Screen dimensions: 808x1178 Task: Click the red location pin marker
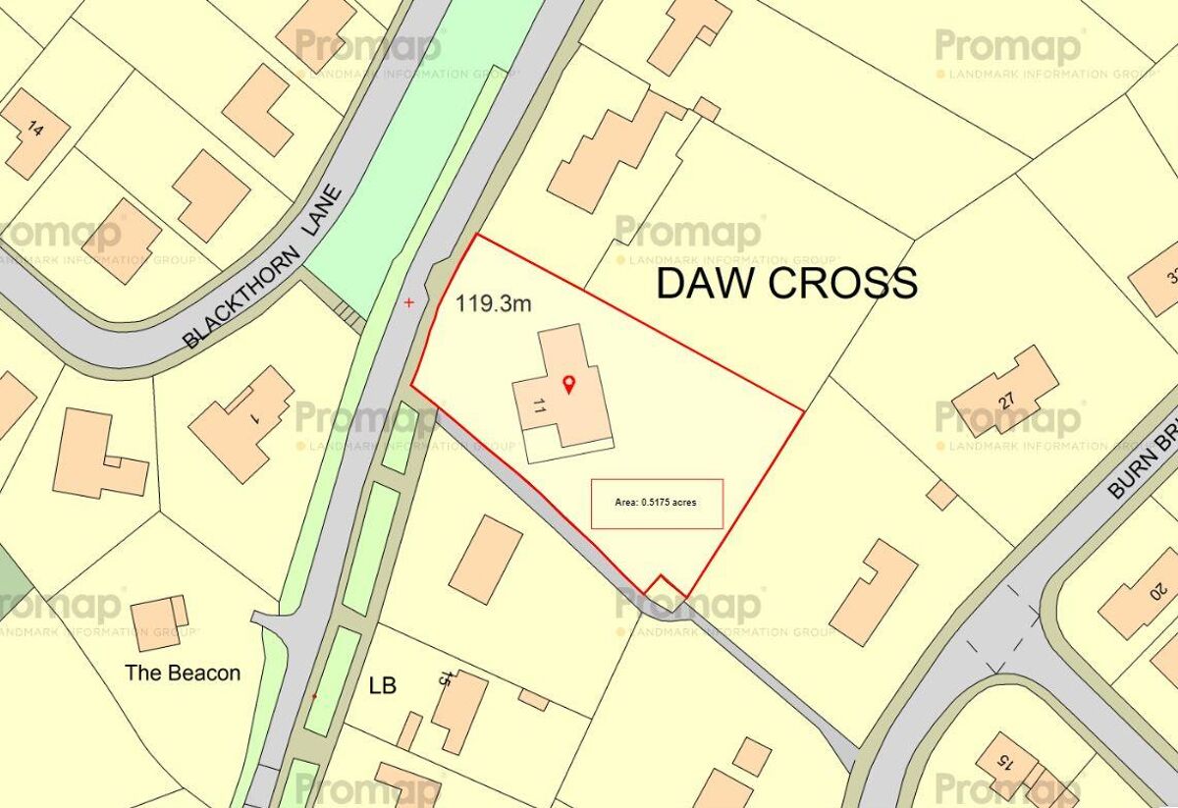tap(567, 384)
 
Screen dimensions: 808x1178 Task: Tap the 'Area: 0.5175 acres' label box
tap(656, 503)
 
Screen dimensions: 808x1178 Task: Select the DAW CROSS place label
tap(786, 283)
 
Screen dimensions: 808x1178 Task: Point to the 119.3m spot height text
tap(493, 303)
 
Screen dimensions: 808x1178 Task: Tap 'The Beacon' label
tap(183, 673)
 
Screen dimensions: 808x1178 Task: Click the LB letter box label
tap(382, 685)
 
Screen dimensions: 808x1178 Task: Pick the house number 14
tap(36, 129)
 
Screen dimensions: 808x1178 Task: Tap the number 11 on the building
tap(539, 406)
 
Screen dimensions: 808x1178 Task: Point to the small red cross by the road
tap(409, 303)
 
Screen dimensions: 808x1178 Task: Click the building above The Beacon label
tap(158, 620)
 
